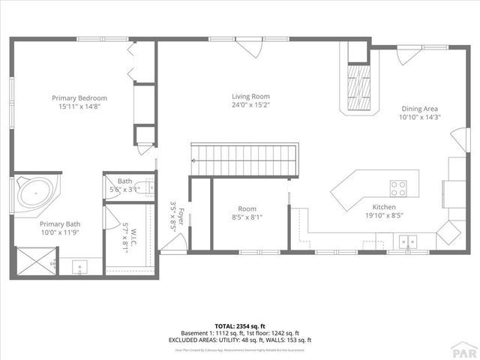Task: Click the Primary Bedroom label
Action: tap(79, 97)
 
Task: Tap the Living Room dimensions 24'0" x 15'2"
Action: tap(250, 106)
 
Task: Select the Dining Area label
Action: tap(418, 108)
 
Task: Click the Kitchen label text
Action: tap(384, 207)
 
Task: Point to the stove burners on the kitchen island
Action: tap(397, 187)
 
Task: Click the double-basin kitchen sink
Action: tap(408, 241)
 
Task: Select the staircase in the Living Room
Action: tap(244, 158)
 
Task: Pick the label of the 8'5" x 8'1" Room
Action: tap(247, 209)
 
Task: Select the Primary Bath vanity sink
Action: tap(79, 265)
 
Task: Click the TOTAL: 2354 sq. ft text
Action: tap(239, 325)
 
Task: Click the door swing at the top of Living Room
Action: tap(250, 49)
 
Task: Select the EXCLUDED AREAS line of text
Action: tap(239, 340)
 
